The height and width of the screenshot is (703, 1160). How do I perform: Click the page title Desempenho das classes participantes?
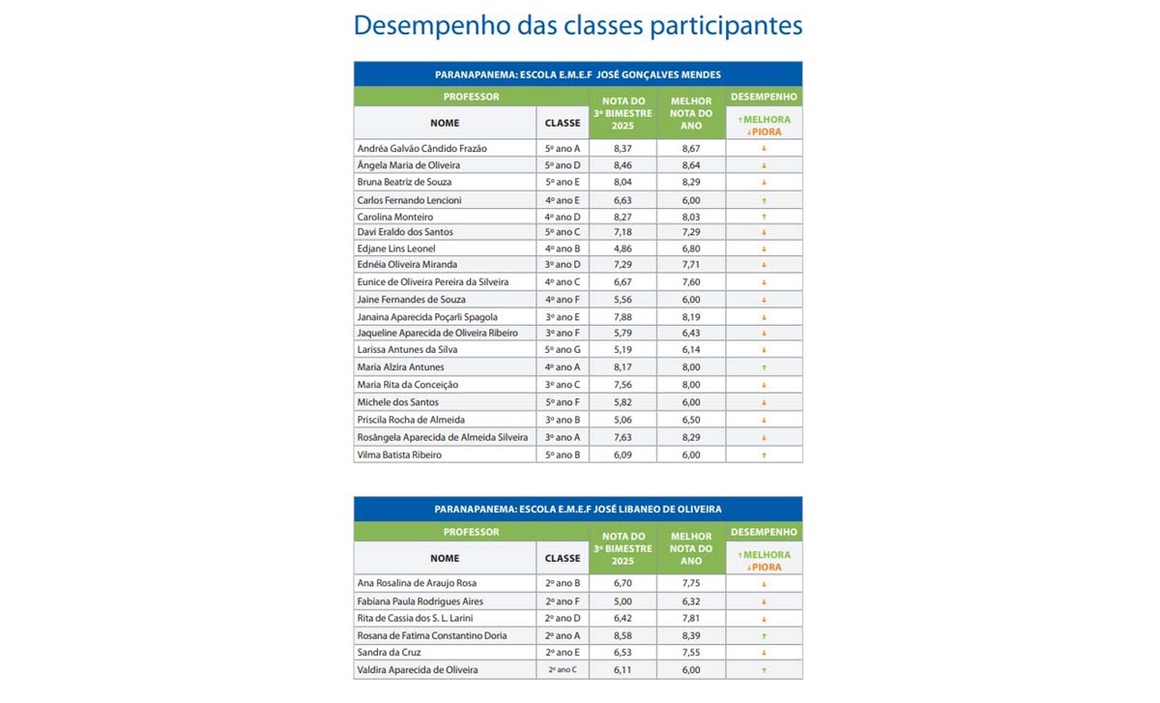tap(577, 25)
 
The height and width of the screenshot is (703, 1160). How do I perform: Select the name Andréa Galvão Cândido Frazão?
tap(421, 148)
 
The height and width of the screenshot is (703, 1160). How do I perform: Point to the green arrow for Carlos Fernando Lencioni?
tap(764, 200)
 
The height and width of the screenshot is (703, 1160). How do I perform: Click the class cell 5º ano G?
tap(563, 349)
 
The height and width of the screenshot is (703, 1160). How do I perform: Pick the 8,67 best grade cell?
tap(690, 148)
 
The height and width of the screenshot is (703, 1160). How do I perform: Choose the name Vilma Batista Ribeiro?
tap(399, 454)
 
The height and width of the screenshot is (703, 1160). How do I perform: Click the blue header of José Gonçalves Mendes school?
tap(577, 74)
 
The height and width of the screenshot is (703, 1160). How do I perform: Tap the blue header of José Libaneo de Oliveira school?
tap(577, 509)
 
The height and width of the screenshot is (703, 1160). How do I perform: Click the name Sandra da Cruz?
tap(391, 654)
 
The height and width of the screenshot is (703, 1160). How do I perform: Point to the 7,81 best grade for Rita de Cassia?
tap(690, 618)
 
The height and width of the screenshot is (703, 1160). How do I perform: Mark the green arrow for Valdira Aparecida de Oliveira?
tap(764, 670)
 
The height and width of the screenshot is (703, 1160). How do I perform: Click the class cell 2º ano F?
tap(563, 600)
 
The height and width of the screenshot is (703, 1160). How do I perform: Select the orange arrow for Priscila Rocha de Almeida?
tap(764, 420)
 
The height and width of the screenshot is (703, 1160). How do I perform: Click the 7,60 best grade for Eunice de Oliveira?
tap(690, 281)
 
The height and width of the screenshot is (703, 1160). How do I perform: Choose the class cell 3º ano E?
tap(563, 316)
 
